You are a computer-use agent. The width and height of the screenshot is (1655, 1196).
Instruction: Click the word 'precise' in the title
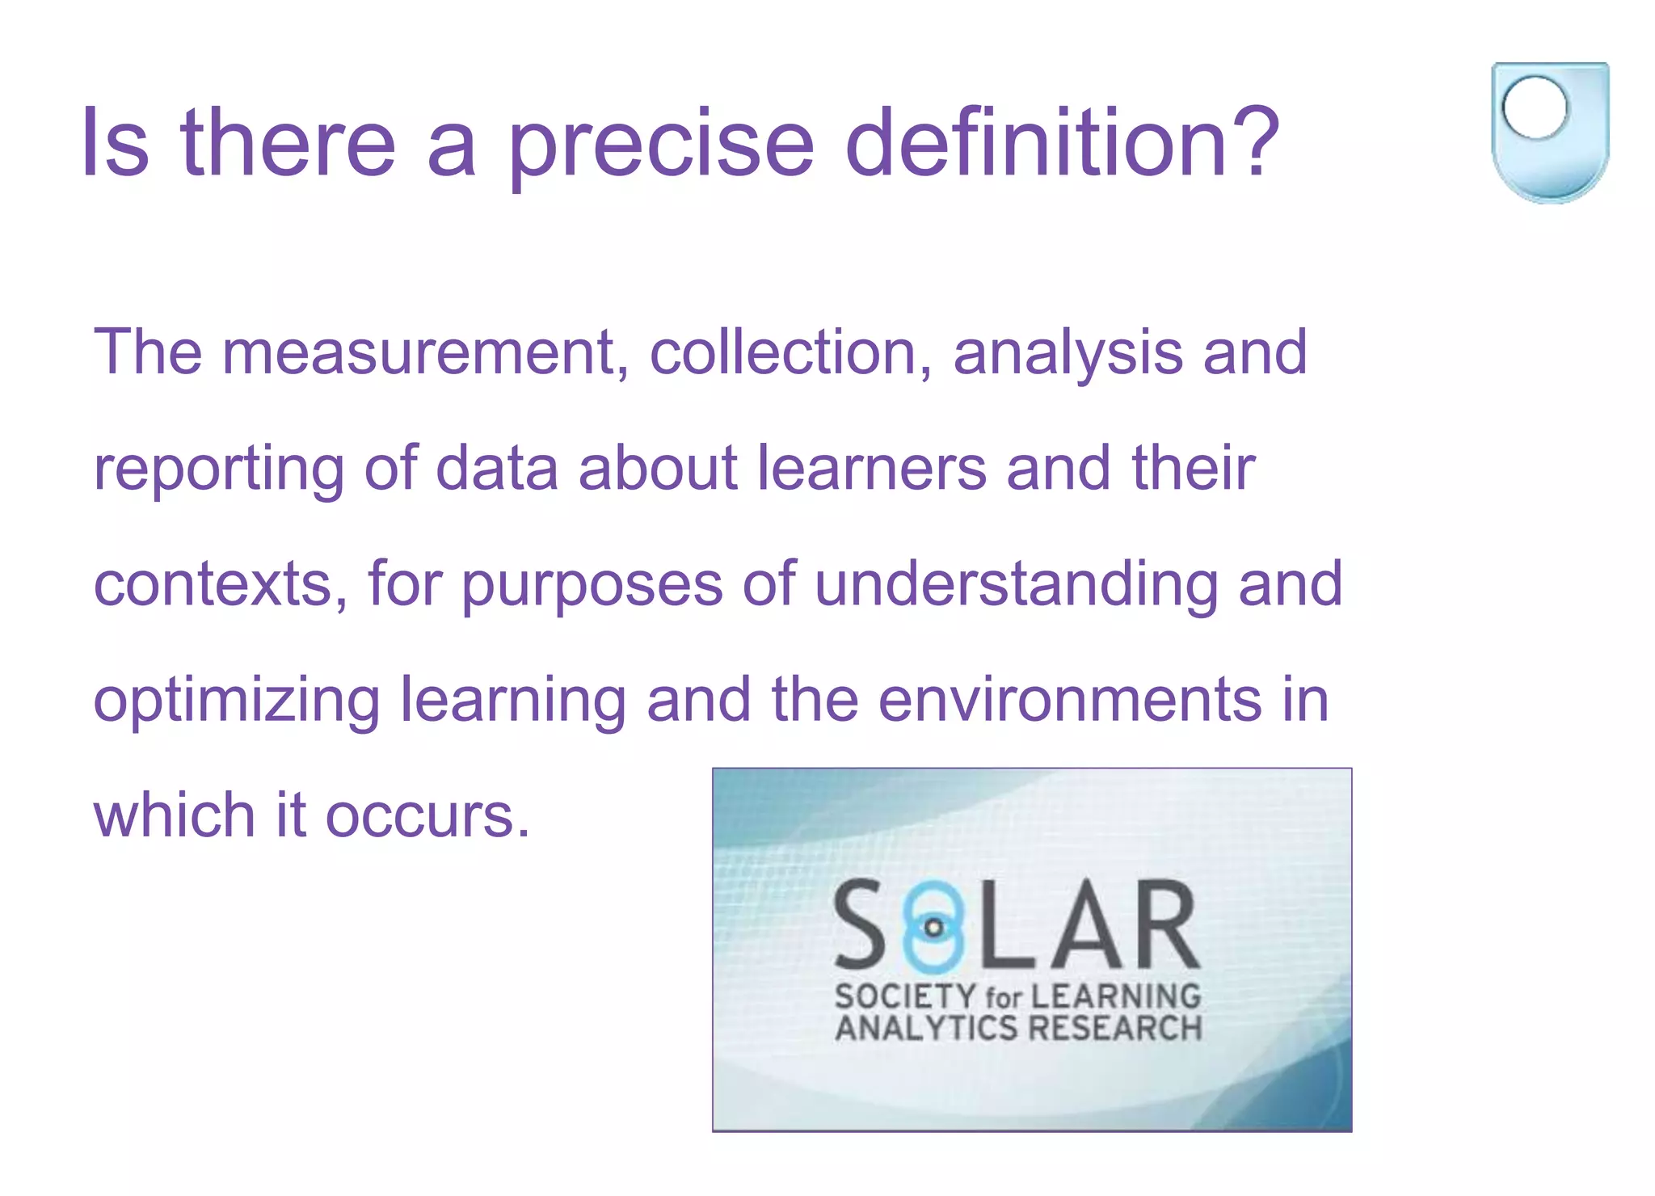point(661,145)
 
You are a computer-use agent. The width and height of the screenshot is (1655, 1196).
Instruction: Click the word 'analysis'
point(1068,353)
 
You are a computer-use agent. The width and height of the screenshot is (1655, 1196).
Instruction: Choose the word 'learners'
point(872,468)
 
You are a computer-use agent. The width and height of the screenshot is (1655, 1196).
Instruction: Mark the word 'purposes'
point(592,585)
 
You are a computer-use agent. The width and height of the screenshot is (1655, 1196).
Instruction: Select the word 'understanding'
point(1016,583)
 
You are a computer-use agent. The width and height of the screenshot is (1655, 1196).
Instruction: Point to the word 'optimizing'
point(237,701)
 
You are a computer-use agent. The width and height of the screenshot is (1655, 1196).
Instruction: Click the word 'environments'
point(1069,699)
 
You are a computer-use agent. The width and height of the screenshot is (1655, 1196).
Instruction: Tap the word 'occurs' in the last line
point(427,816)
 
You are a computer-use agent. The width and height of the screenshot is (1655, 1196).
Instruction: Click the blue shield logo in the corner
point(1550,132)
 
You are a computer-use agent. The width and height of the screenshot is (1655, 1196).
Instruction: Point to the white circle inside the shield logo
point(1535,107)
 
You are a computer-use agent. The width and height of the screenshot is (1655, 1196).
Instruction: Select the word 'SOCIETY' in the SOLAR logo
point(905,996)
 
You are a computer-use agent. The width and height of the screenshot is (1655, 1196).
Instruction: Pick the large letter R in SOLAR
point(1164,925)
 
